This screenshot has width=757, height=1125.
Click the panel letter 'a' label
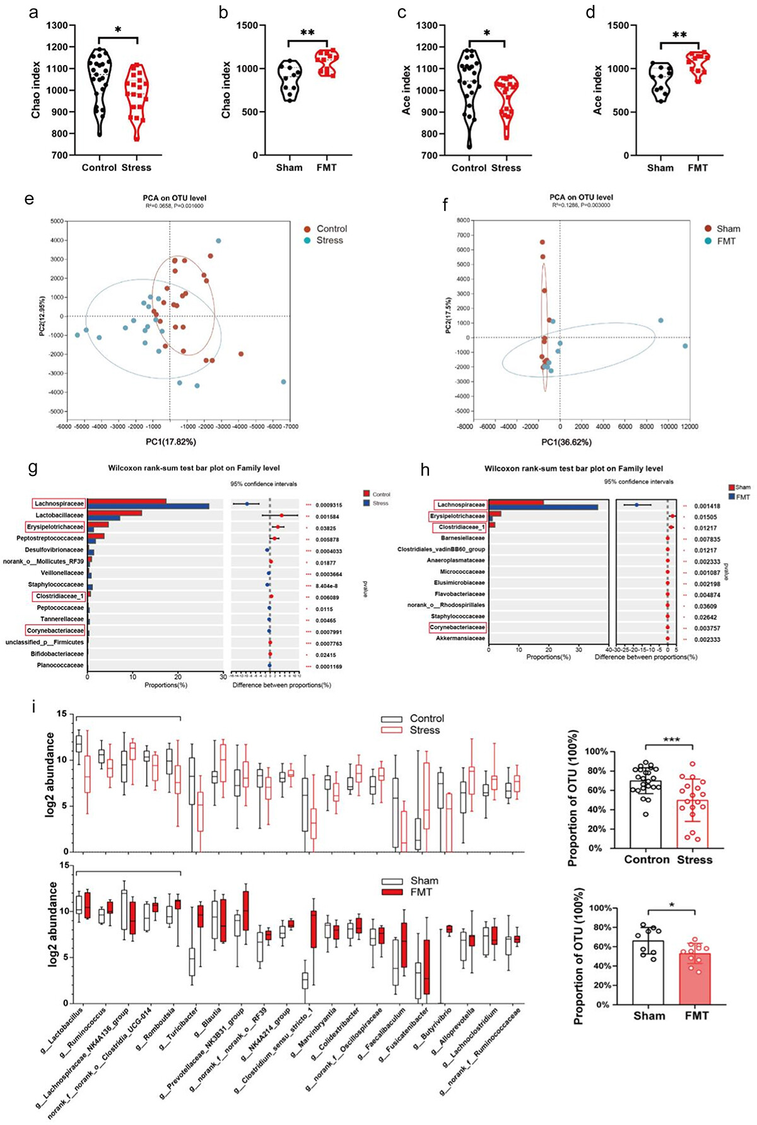(x=33, y=13)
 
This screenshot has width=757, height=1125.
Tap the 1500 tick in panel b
(x=247, y=25)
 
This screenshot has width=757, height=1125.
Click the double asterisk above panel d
(x=679, y=35)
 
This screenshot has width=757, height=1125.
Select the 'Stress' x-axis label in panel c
(x=506, y=168)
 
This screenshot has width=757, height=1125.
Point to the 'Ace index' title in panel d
(x=597, y=90)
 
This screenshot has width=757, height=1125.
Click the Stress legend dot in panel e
(x=307, y=241)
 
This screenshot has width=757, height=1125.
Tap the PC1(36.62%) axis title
(x=566, y=442)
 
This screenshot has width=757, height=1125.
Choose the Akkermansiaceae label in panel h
(x=460, y=638)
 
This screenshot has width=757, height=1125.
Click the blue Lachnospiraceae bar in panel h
(x=543, y=507)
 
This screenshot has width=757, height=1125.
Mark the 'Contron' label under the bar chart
(x=647, y=860)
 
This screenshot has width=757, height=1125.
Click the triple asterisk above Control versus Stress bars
(x=671, y=739)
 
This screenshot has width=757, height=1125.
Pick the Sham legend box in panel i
(x=391, y=881)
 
